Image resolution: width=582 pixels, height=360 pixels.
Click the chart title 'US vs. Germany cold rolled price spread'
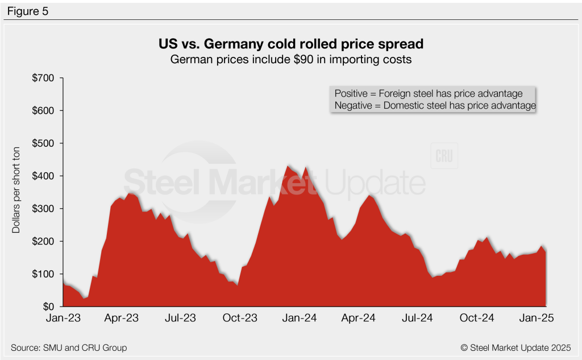[290, 44]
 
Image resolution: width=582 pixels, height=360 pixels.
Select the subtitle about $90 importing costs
[290, 59]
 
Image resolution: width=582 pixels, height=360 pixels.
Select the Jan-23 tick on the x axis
[63, 318]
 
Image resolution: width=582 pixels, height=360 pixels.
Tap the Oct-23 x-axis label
[240, 318]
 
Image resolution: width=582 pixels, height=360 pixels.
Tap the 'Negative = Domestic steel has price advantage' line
[435, 105]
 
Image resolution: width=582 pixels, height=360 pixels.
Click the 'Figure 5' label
[28, 10]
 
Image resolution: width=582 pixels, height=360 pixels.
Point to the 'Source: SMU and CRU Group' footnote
[69, 347]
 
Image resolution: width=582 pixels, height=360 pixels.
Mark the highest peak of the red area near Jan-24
[289, 165]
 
